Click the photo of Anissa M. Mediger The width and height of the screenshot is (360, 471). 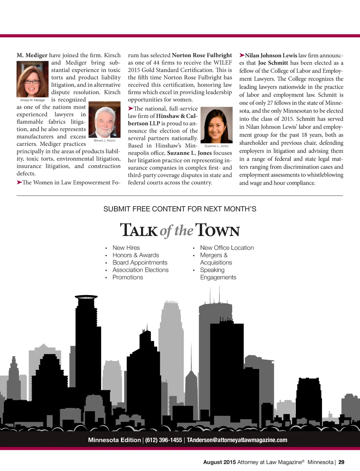point(32,79)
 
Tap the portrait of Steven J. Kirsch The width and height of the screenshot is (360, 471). point(104,120)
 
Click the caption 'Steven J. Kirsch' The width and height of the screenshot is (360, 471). point(104,140)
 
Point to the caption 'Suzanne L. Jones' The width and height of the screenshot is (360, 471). point(216,146)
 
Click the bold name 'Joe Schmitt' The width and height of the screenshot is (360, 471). point(273,63)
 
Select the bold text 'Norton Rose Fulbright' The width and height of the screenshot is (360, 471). point(202,55)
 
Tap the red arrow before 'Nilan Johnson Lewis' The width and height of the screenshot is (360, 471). point(242,55)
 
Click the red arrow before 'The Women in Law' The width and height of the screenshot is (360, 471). point(19,182)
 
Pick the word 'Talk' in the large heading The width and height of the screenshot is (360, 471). point(139,230)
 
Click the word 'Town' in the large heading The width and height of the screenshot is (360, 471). point(218,230)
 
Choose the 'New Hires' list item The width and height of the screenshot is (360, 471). point(126,248)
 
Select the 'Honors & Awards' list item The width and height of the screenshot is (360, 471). point(136,255)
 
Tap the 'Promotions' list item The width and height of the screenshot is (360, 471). point(128,277)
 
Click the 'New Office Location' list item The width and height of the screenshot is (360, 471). point(227,248)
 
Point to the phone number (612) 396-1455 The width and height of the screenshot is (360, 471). point(163,440)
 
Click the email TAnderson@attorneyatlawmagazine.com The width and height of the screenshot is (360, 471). point(237,440)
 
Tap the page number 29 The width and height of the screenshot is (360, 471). point(341,462)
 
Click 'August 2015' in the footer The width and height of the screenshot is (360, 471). point(219,462)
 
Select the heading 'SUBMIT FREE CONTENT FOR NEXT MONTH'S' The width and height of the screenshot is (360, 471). point(180,209)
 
